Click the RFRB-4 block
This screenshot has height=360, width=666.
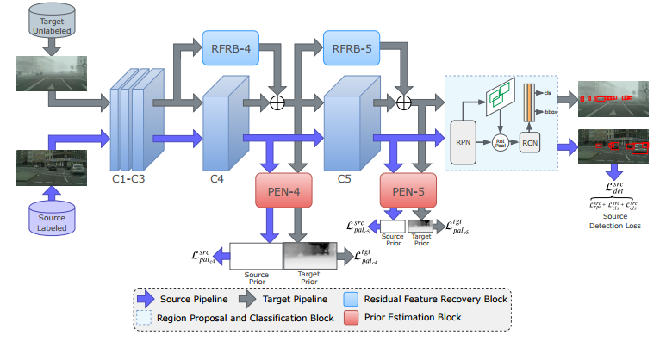[230, 47]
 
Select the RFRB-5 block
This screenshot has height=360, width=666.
[351, 47]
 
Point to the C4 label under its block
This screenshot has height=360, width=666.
[218, 181]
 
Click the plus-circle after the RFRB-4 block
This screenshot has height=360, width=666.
[278, 102]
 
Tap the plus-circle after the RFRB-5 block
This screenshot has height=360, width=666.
[401, 102]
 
